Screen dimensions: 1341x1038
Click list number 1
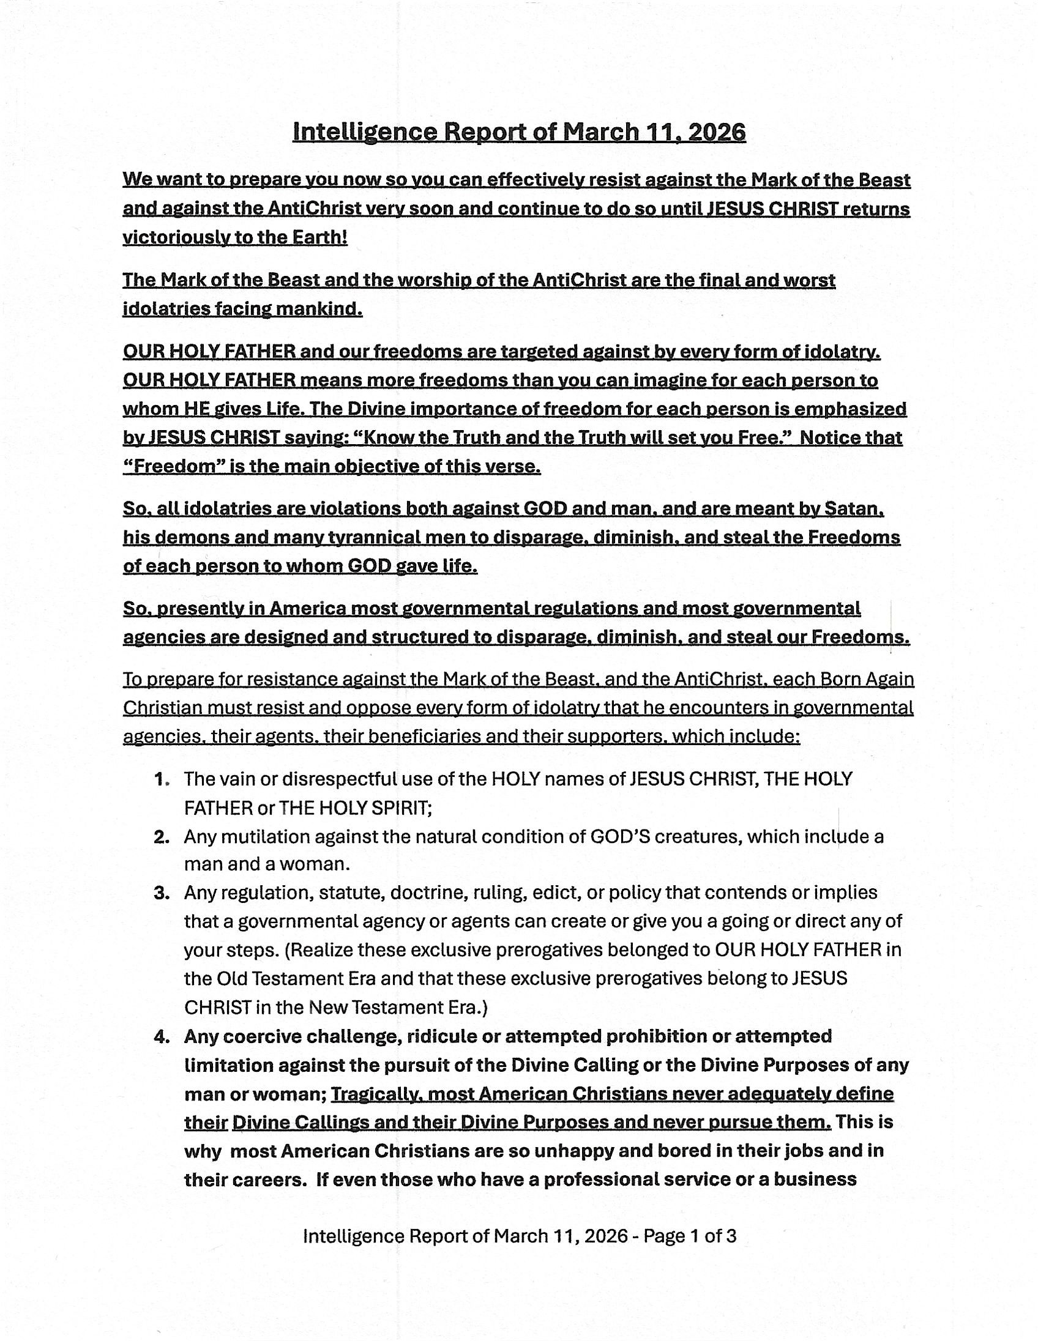(162, 780)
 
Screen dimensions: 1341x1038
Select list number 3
(162, 893)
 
